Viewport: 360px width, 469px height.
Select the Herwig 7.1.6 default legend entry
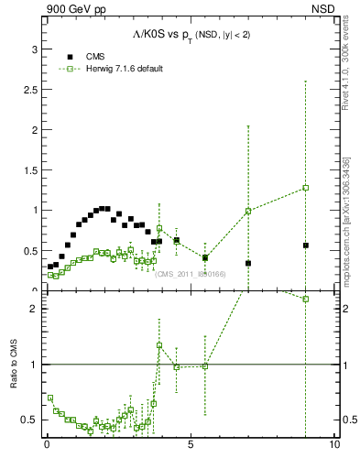[109, 69]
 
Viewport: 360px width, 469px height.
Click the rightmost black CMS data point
[305, 245]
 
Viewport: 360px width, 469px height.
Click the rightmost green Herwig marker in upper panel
[305, 188]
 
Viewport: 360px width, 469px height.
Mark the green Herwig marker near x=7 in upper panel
[248, 212]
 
